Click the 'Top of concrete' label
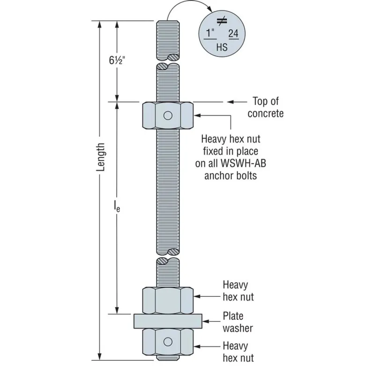click(266, 107)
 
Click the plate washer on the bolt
click(168, 321)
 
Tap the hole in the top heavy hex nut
click(168, 115)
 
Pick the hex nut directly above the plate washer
click(168, 300)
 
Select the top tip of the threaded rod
click(168, 22)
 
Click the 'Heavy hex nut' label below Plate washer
click(238, 352)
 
